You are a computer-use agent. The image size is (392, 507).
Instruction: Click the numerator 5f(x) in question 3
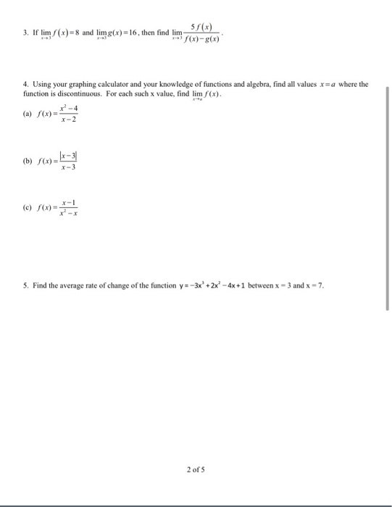tap(201, 27)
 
